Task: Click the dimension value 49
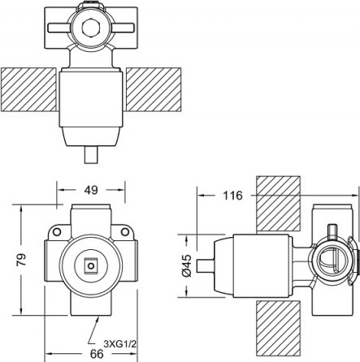coord(91,191)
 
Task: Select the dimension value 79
coord(22,260)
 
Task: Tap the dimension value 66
coord(97,354)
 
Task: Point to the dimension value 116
coord(232,196)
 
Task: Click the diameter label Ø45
coord(187,265)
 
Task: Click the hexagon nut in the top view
coord(91,28)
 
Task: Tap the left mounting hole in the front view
coord(57,232)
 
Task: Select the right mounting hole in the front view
coord(125,232)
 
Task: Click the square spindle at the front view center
coord(91,265)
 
